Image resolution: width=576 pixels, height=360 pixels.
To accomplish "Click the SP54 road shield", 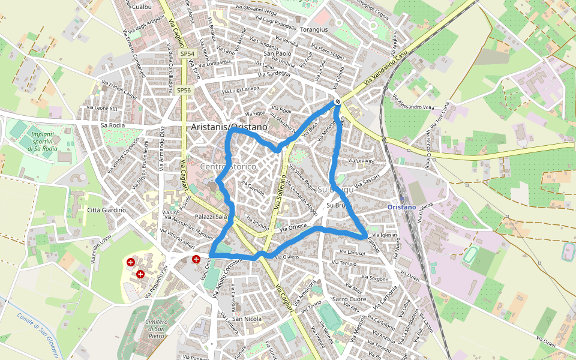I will point(188,53).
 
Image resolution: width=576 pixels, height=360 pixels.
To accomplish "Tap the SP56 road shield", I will point(184,90).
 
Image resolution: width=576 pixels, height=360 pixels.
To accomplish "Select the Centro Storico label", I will point(228,166).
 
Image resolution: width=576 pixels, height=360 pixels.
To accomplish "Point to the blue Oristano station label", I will point(402,207).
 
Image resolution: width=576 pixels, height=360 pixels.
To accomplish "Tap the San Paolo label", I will point(277,53).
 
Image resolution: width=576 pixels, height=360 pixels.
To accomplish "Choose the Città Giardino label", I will point(106,210).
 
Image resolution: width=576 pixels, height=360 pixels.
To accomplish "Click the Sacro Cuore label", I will point(349,299).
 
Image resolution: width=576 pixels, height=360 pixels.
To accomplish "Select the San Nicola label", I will point(247,319).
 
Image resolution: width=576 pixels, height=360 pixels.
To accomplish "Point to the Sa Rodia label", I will point(113,125).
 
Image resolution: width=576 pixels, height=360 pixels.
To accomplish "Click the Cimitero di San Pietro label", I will point(156,329).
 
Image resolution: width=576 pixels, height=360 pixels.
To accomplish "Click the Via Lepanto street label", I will point(360,161).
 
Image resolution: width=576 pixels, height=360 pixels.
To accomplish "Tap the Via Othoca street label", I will point(293,227).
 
